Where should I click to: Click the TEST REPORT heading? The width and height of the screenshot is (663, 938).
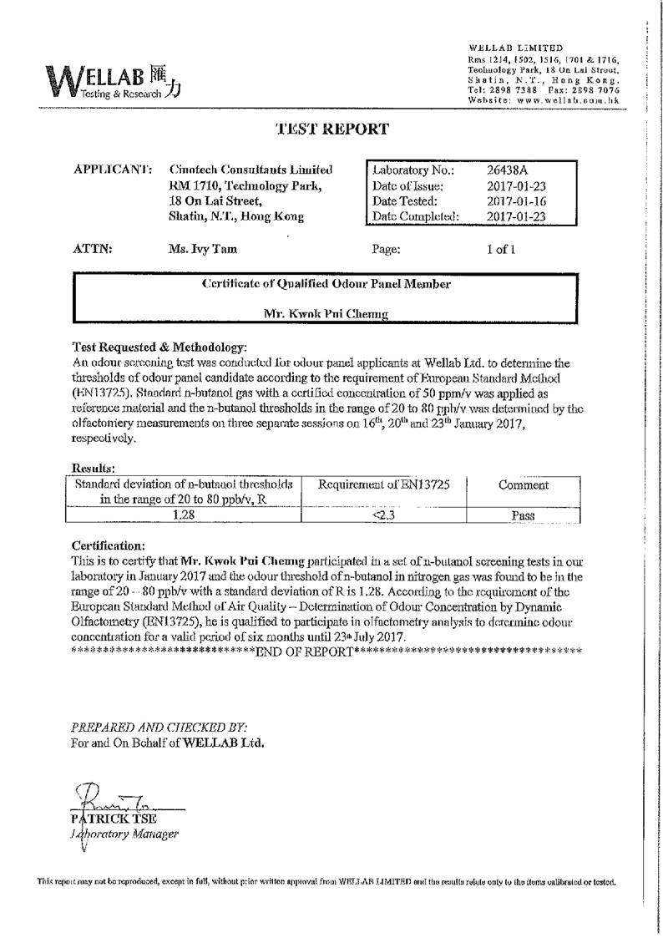331,129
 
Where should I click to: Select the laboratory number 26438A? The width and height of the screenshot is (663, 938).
504,170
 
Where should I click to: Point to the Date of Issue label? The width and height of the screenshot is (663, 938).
408,186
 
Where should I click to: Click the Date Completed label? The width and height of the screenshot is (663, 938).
416,217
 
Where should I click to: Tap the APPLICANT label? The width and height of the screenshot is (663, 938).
113,170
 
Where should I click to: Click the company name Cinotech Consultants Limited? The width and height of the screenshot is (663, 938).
250,170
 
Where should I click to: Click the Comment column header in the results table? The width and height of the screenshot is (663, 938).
523,485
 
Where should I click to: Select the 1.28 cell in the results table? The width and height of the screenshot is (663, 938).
184,515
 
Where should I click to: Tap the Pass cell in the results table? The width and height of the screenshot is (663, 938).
523,515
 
